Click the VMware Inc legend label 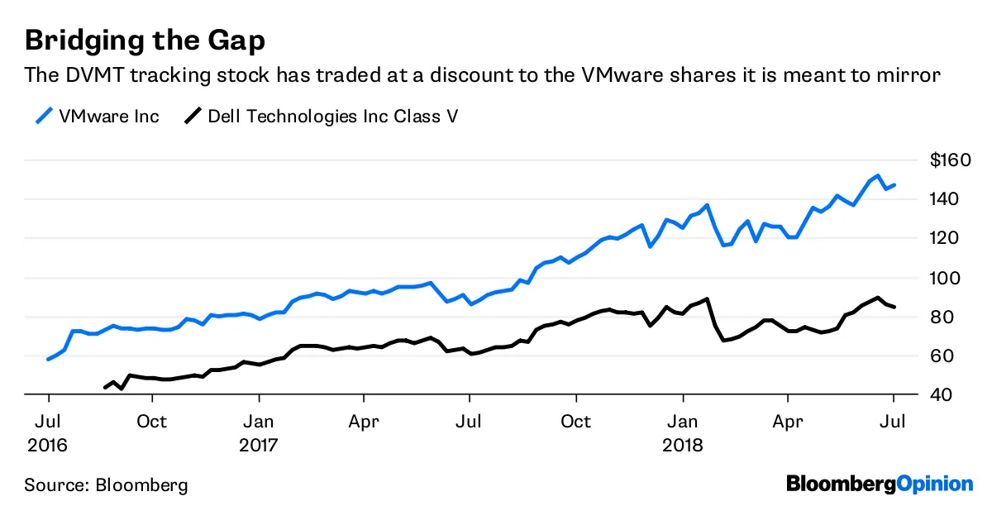[108, 116]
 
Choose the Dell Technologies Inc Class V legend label [332, 116]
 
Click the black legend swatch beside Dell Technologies [193, 116]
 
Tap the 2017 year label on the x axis [259, 446]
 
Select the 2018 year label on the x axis [683, 446]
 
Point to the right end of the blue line [894, 184]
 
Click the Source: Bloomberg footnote [106, 485]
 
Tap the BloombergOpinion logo [880, 484]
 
